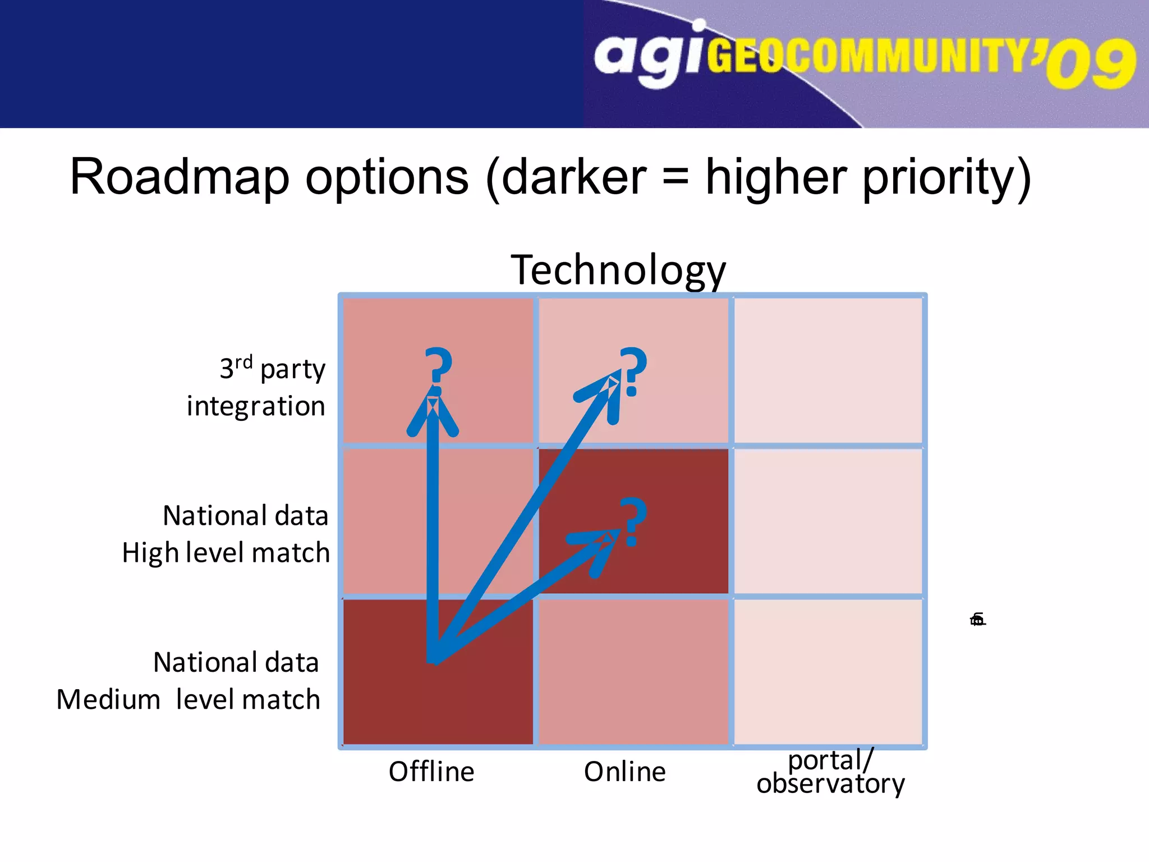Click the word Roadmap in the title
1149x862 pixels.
180,177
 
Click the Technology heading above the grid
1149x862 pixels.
618,270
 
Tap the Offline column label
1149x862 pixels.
431,771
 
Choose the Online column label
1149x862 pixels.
624,771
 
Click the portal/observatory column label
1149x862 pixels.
830,772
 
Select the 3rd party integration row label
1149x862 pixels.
264,387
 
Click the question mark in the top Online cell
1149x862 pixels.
633,371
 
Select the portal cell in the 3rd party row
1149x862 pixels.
828,370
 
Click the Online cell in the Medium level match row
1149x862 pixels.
633,671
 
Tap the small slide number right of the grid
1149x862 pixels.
977,620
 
